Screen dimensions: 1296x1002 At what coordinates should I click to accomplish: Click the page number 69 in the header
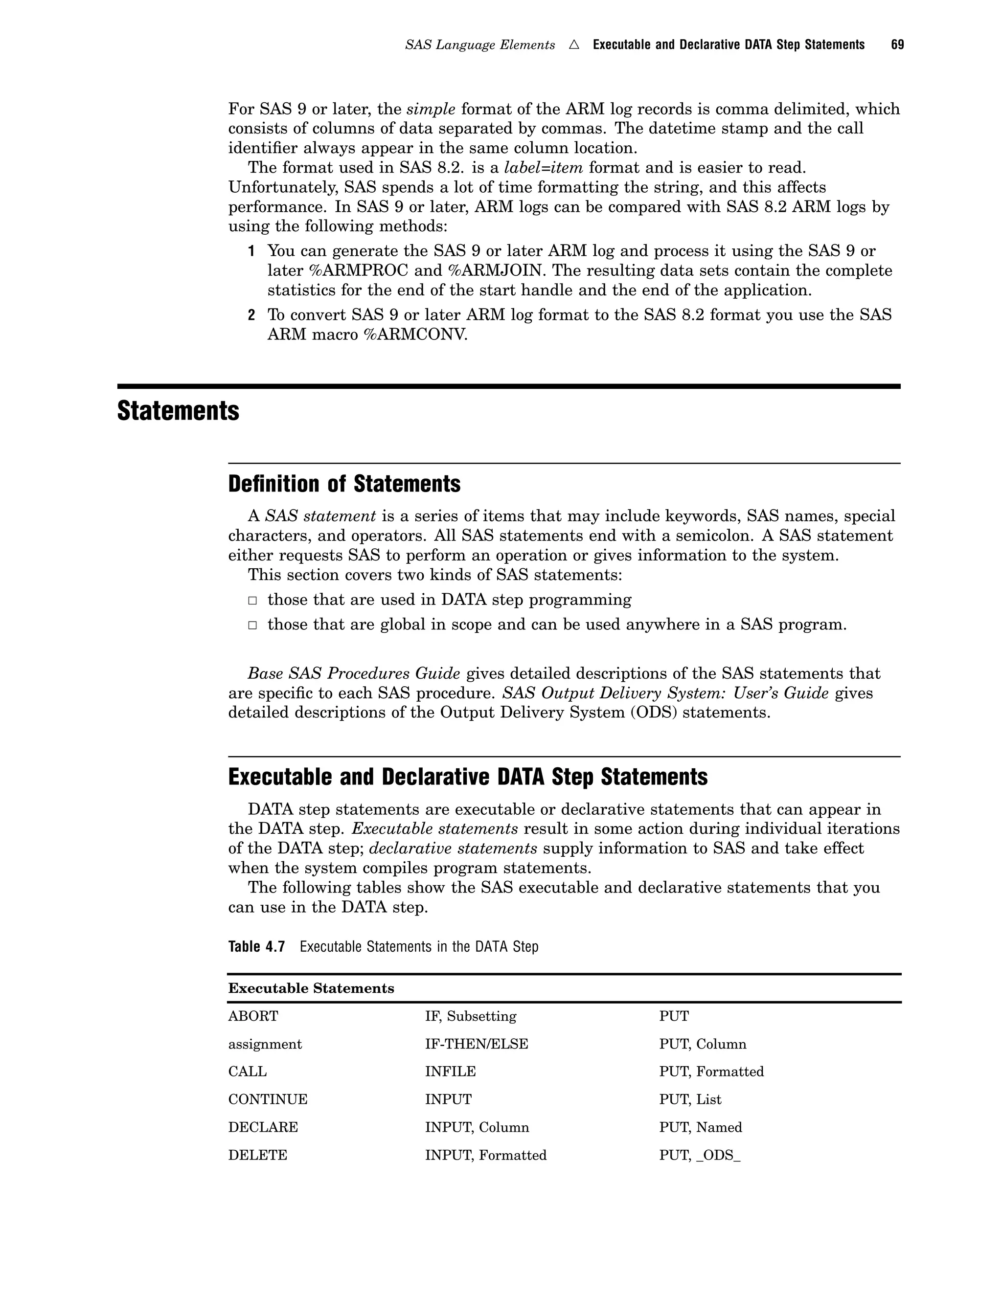[897, 45]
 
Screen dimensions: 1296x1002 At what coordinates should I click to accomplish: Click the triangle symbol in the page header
[573, 45]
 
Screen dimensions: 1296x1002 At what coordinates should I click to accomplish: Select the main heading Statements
[178, 411]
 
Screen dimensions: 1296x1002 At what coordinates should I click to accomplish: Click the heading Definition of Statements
[344, 484]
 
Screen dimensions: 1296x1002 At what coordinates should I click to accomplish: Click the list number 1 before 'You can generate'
[251, 251]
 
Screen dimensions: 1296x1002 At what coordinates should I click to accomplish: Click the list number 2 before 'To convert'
[251, 315]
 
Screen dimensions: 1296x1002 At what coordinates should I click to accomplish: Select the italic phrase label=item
[543, 168]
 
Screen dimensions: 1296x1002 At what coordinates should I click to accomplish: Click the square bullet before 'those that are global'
[252, 625]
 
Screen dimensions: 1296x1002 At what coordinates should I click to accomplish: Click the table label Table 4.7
[256, 946]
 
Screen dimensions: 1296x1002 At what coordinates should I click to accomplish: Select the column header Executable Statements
[311, 988]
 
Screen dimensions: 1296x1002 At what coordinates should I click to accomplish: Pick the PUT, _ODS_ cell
[699, 1155]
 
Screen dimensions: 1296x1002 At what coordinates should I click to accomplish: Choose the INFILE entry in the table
[450, 1072]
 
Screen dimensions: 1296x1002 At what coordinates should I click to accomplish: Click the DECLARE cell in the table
[263, 1127]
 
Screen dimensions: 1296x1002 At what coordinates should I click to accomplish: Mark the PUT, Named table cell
[701, 1127]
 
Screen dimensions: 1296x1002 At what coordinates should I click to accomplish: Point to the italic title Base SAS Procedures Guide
[354, 673]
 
